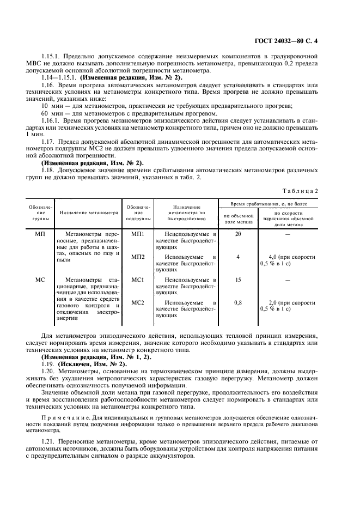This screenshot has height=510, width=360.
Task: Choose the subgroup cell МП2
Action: point(138,257)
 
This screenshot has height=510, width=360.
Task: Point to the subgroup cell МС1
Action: point(138,280)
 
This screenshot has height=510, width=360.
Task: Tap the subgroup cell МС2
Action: point(138,302)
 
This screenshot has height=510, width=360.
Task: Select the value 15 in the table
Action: point(238,280)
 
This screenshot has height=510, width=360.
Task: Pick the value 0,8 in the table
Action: point(238,302)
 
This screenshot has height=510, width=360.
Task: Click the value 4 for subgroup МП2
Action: point(238,257)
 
